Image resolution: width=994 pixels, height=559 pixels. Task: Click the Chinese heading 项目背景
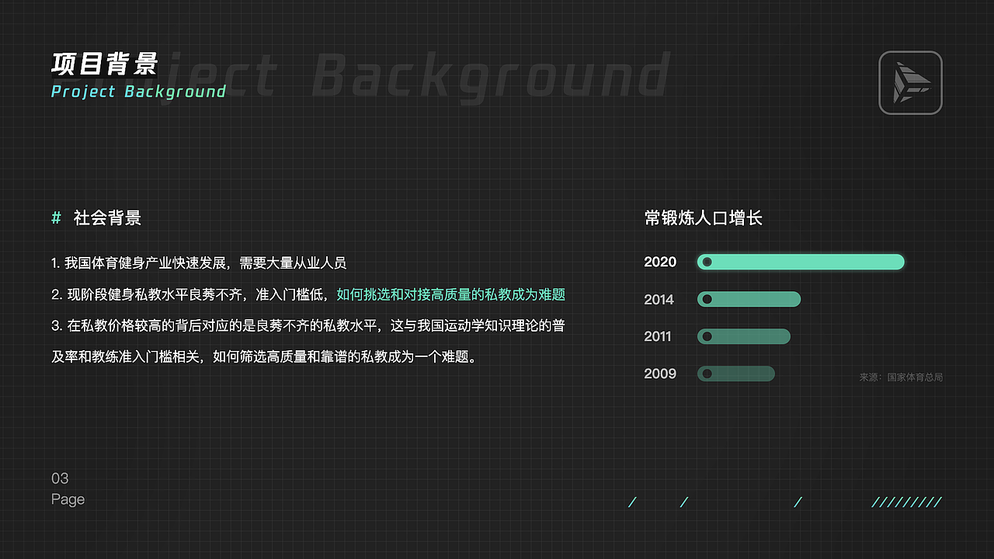pyautogui.click(x=105, y=64)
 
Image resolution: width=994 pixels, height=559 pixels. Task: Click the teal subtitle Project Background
pyautogui.click(x=138, y=92)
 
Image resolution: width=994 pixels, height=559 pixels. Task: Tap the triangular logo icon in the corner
pyautogui.click(x=910, y=82)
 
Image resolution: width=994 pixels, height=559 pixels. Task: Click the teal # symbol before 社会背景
pyautogui.click(x=56, y=218)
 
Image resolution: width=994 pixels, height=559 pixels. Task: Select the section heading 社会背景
pyautogui.click(x=107, y=218)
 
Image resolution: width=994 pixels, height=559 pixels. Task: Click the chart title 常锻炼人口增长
pyautogui.click(x=703, y=218)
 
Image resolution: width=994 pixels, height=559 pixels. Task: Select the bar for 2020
pyautogui.click(x=801, y=262)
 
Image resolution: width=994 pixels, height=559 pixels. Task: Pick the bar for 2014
pyautogui.click(x=749, y=299)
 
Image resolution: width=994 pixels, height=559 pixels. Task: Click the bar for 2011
pyautogui.click(x=744, y=336)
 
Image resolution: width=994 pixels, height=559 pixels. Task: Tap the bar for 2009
pyautogui.click(x=736, y=373)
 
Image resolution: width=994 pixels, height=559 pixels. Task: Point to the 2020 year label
pyautogui.click(x=660, y=262)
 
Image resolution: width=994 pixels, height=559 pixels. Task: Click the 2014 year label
pyautogui.click(x=659, y=299)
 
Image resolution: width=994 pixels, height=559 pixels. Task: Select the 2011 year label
pyautogui.click(x=658, y=336)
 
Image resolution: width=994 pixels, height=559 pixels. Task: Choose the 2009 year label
pyautogui.click(x=660, y=373)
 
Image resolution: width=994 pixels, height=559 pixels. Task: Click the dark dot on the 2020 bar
pyautogui.click(x=707, y=262)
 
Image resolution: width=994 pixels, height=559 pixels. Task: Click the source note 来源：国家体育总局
pyautogui.click(x=901, y=377)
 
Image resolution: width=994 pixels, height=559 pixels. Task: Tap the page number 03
pyautogui.click(x=60, y=478)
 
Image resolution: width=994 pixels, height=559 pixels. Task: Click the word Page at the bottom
pyautogui.click(x=68, y=499)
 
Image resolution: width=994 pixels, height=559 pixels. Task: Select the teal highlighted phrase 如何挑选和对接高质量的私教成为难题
pyautogui.click(x=450, y=294)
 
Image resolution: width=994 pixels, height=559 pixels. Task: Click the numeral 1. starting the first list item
pyautogui.click(x=56, y=263)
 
